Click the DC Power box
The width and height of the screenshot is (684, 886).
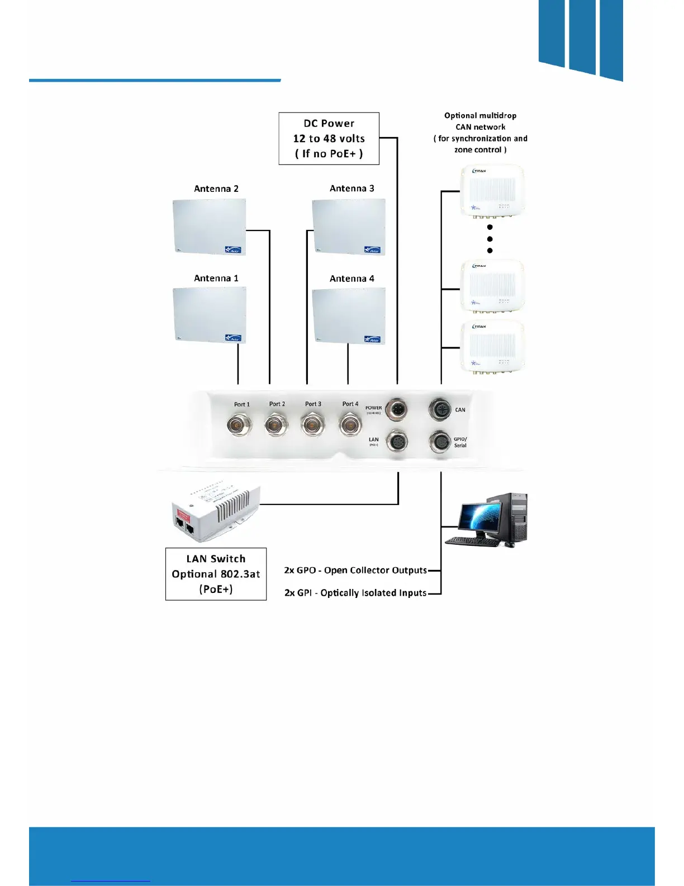click(329, 138)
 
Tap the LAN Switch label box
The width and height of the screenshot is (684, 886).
click(216, 574)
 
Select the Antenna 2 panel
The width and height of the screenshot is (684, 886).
click(210, 227)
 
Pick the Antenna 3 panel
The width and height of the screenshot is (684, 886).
click(349, 227)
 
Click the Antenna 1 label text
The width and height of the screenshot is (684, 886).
click(216, 278)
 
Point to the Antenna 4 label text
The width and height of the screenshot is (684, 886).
click(351, 279)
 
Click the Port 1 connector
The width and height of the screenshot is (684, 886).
click(239, 425)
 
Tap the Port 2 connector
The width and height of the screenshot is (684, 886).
click(276, 425)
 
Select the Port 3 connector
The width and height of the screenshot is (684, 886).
click(312, 425)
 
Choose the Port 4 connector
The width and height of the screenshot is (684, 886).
click(350, 425)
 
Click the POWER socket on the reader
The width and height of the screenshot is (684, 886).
click(396, 409)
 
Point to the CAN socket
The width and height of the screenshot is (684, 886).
click(440, 409)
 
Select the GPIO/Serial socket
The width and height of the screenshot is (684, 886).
click(440, 442)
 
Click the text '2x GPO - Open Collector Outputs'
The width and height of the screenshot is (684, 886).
click(355, 571)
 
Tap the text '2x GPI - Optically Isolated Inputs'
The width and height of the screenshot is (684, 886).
click(355, 593)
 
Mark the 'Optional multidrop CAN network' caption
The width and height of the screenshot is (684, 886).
click(480, 133)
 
